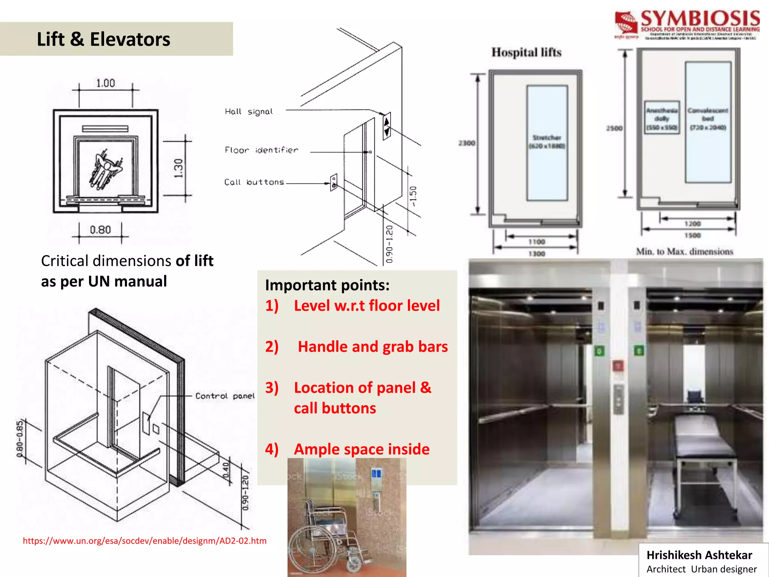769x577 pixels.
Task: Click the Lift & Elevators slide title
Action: point(103,39)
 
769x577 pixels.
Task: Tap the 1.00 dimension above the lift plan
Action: point(106,83)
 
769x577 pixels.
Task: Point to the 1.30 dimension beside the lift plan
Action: point(179,168)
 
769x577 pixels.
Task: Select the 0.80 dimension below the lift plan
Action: point(100,230)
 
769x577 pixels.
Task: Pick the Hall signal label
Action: point(249,112)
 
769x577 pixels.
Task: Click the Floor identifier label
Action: point(261,150)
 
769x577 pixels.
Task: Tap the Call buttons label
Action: point(254,182)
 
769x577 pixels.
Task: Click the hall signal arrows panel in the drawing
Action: point(387,126)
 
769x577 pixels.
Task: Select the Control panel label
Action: point(225,396)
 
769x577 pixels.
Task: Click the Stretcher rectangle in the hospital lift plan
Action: point(547,143)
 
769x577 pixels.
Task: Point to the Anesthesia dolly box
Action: point(662,117)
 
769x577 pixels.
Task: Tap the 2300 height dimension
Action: point(467,143)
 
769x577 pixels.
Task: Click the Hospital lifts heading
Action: point(526,52)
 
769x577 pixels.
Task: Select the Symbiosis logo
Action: point(687,25)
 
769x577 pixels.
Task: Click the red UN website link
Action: point(145,541)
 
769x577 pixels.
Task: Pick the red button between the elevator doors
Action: point(618,366)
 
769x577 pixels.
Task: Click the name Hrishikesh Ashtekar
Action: point(699,555)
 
